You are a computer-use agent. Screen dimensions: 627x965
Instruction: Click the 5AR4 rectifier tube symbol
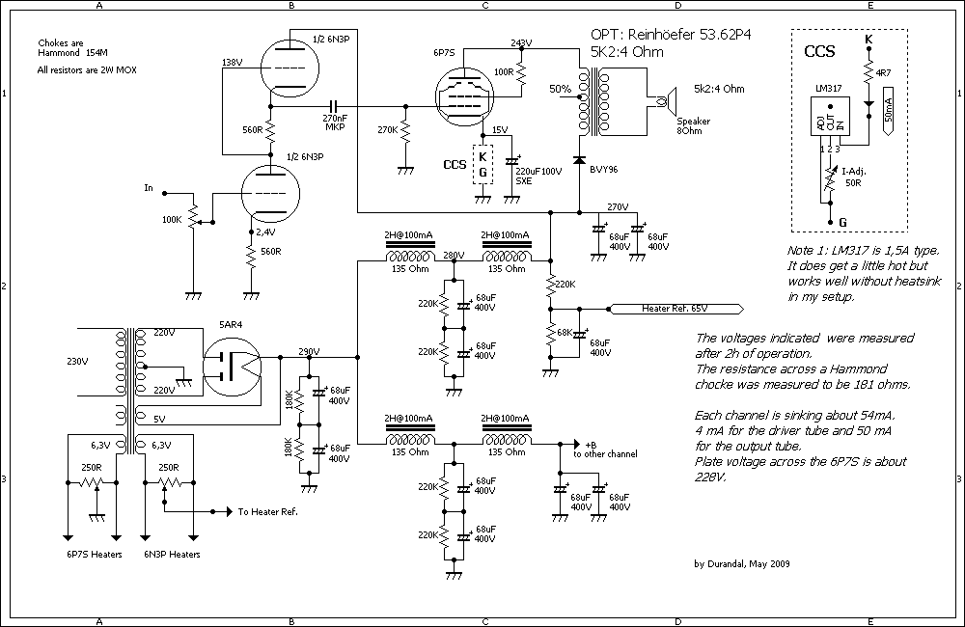click(x=233, y=366)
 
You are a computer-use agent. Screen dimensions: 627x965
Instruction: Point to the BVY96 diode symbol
click(x=579, y=158)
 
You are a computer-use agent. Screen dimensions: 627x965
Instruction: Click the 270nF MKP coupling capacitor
click(x=335, y=104)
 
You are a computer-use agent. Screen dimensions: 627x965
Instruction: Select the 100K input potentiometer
click(x=192, y=220)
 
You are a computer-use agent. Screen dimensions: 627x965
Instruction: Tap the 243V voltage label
click(x=520, y=43)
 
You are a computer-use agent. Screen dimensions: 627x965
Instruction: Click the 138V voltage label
click(x=232, y=62)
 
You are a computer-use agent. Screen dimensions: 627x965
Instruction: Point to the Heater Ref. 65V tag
click(x=675, y=309)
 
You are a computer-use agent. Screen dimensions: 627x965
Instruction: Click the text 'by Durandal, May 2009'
click(x=740, y=564)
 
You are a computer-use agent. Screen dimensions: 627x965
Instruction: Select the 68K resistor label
click(x=537, y=333)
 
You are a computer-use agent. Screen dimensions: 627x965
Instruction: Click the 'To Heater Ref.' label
click(x=267, y=512)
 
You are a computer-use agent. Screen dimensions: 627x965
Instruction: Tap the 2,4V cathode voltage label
click(x=266, y=232)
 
